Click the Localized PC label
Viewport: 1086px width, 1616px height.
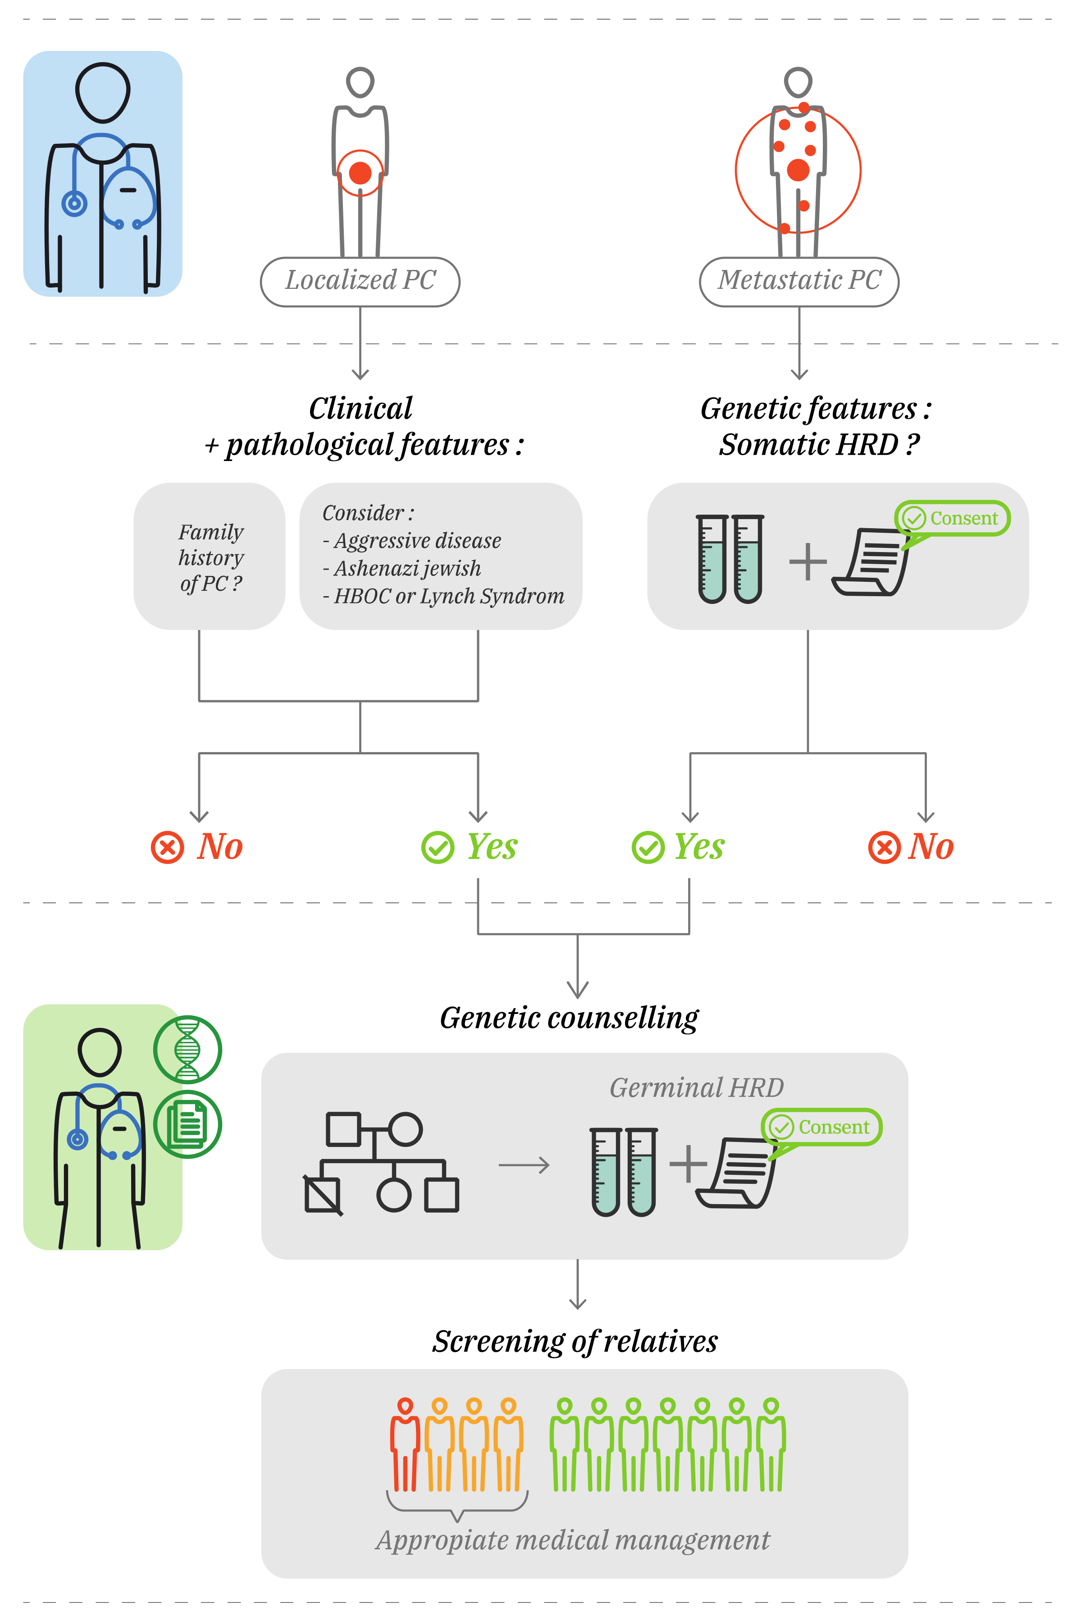[360, 281]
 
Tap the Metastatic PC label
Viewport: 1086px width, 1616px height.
[799, 281]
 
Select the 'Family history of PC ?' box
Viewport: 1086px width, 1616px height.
[209, 556]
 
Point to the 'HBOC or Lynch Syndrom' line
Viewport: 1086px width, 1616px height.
[443, 596]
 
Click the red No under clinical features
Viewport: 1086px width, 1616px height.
[197, 846]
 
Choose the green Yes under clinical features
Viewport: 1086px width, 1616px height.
[470, 846]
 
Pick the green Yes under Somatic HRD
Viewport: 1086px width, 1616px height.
[679, 846]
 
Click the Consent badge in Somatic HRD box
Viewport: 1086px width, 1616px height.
[952, 518]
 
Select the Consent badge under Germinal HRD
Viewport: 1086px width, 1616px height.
[821, 1127]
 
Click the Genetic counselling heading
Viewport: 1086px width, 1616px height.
[569, 1018]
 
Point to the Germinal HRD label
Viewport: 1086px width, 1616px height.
[697, 1087]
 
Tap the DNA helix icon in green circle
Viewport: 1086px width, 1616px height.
[187, 1050]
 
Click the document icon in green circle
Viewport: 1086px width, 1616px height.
[187, 1123]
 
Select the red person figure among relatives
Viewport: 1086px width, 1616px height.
[405, 1444]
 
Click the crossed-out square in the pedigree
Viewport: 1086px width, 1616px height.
[323, 1194]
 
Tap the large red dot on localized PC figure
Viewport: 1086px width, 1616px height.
[360, 173]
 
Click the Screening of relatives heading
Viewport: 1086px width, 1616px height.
[575, 1341]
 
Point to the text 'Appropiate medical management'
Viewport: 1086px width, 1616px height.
[573, 1540]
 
